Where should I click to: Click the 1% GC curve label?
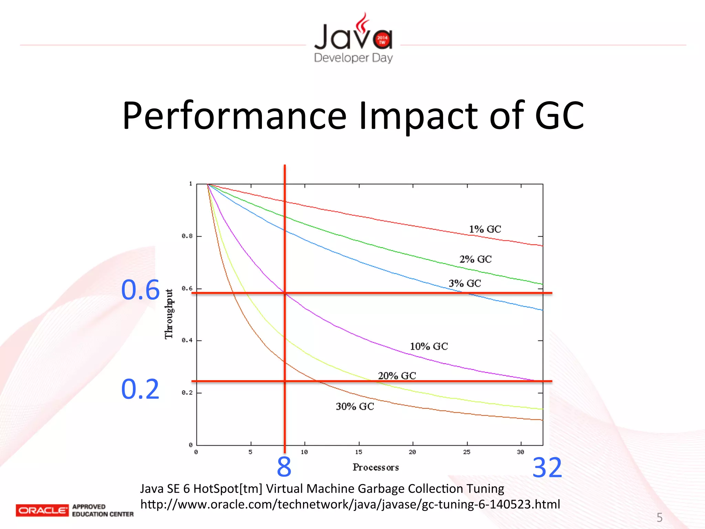[485, 229]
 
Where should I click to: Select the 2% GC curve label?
[475, 259]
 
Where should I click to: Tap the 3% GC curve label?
[464, 283]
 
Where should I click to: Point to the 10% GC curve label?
[429, 346]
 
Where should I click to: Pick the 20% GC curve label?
[397, 376]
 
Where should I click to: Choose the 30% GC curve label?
[355, 407]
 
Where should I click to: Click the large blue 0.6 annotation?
[140, 290]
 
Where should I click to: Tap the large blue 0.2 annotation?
[140, 389]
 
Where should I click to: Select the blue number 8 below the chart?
[284, 467]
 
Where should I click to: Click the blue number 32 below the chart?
[547, 468]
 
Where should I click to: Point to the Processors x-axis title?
[376, 467]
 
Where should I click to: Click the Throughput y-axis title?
[169, 314]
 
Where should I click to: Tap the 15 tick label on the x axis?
[359, 452]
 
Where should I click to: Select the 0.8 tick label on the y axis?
[187, 236]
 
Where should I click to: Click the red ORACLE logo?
[42, 510]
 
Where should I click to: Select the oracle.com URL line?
[350, 504]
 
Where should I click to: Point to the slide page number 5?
[660, 517]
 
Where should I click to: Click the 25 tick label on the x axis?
[466, 452]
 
